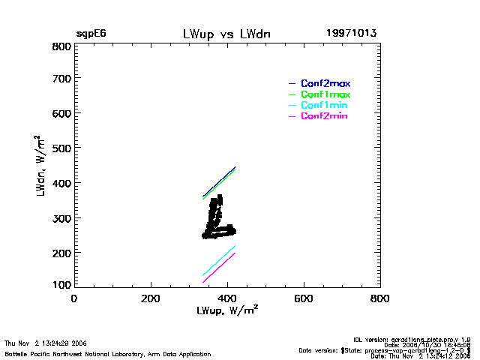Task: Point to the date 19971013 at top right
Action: pos(351,34)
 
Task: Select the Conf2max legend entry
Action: pos(325,83)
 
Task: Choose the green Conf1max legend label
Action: pos(325,94)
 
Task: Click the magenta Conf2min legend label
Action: pos(325,116)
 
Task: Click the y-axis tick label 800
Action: pos(61,46)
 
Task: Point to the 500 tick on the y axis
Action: pos(61,148)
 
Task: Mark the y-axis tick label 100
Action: pos(61,284)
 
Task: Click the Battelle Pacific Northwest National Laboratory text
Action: pos(108,353)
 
